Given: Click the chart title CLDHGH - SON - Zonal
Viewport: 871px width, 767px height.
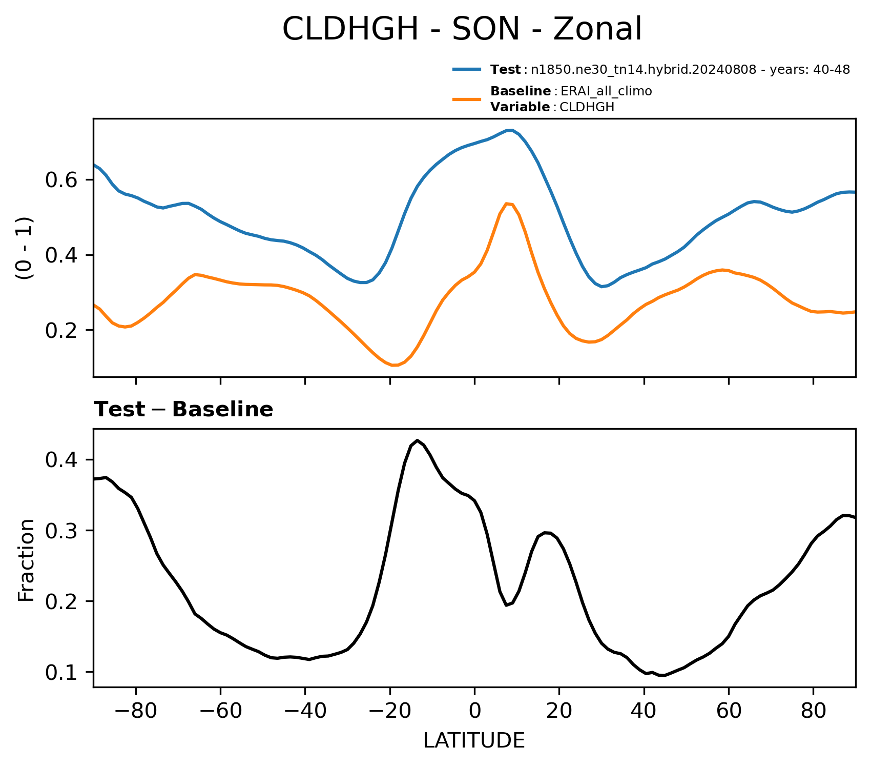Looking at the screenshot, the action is pyautogui.click(x=462, y=29).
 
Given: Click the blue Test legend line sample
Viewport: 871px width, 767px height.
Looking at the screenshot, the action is pyautogui.click(x=467, y=69).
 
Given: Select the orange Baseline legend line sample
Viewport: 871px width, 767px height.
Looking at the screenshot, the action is pyautogui.click(x=467, y=99).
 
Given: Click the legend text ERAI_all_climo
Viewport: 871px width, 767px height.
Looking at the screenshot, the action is pyautogui.click(x=606, y=91).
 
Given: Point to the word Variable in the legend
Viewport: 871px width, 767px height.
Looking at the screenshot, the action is pyautogui.click(x=520, y=107).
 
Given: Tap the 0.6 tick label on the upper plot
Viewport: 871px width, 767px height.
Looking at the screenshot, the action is pyautogui.click(x=61, y=180).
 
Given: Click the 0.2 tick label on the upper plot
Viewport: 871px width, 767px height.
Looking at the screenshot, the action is pyautogui.click(x=61, y=330).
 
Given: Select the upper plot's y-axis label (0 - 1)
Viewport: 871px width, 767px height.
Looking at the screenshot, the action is pyautogui.click(x=25, y=248).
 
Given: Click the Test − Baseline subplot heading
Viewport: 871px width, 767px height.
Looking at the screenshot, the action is pyautogui.click(x=183, y=410).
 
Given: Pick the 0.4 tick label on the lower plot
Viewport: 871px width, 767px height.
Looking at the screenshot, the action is pyautogui.click(x=61, y=460).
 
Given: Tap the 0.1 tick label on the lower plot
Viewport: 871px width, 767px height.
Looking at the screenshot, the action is pyautogui.click(x=61, y=672).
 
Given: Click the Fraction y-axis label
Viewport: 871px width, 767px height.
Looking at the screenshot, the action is pyautogui.click(x=26, y=560).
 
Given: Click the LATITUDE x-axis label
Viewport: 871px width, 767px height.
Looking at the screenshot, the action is pyautogui.click(x=474, y=740).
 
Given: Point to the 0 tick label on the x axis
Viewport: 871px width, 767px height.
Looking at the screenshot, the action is pyautogui.click(x=474, y=712).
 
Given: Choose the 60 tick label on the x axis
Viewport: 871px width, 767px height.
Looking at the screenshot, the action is pyautogui.click(x=729, y=712).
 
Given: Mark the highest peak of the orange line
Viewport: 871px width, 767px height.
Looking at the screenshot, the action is pyautogui.click(x=506, y=204).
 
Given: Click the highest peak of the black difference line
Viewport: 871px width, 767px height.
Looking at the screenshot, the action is pyautogui.click(x=418, y=440).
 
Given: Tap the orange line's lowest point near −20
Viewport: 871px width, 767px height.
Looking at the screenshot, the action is pyautogui.click(x=394, y=365).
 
